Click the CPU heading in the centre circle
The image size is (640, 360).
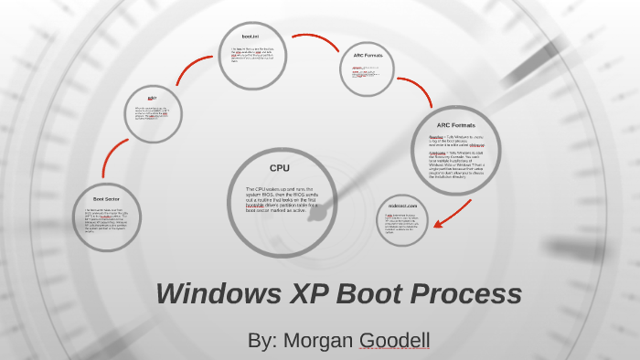point(280,168)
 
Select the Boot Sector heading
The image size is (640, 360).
point(107,198)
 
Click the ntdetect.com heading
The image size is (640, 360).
point(401,206)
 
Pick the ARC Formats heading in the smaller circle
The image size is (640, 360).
point(368,56)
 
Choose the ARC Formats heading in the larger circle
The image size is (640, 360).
point(455,125)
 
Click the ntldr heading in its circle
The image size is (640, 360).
point(153,98)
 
